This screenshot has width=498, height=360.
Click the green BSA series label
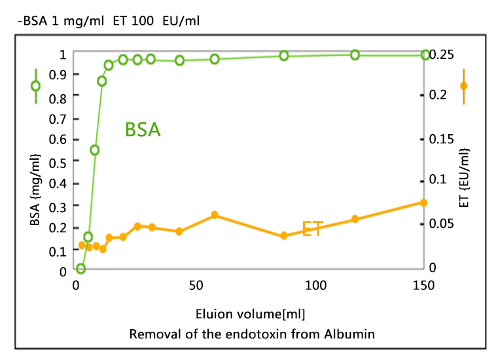click(143, 130)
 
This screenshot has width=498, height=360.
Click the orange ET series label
click(311, 229)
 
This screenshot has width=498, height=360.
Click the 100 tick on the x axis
click(316, 286)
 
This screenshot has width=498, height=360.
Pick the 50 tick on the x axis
click(196, 286)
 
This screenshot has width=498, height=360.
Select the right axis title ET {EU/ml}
click(465, 177)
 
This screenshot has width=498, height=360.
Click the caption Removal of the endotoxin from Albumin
click(252, 334)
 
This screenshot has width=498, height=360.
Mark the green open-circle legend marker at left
click(35, 86)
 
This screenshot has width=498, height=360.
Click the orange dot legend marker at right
click(463, 86)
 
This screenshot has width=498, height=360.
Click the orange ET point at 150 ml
click(423, 203)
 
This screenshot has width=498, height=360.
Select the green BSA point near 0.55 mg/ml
click(94, 150)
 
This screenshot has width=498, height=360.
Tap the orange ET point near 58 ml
click(214, 215)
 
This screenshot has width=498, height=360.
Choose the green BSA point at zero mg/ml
click(80, 268)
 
